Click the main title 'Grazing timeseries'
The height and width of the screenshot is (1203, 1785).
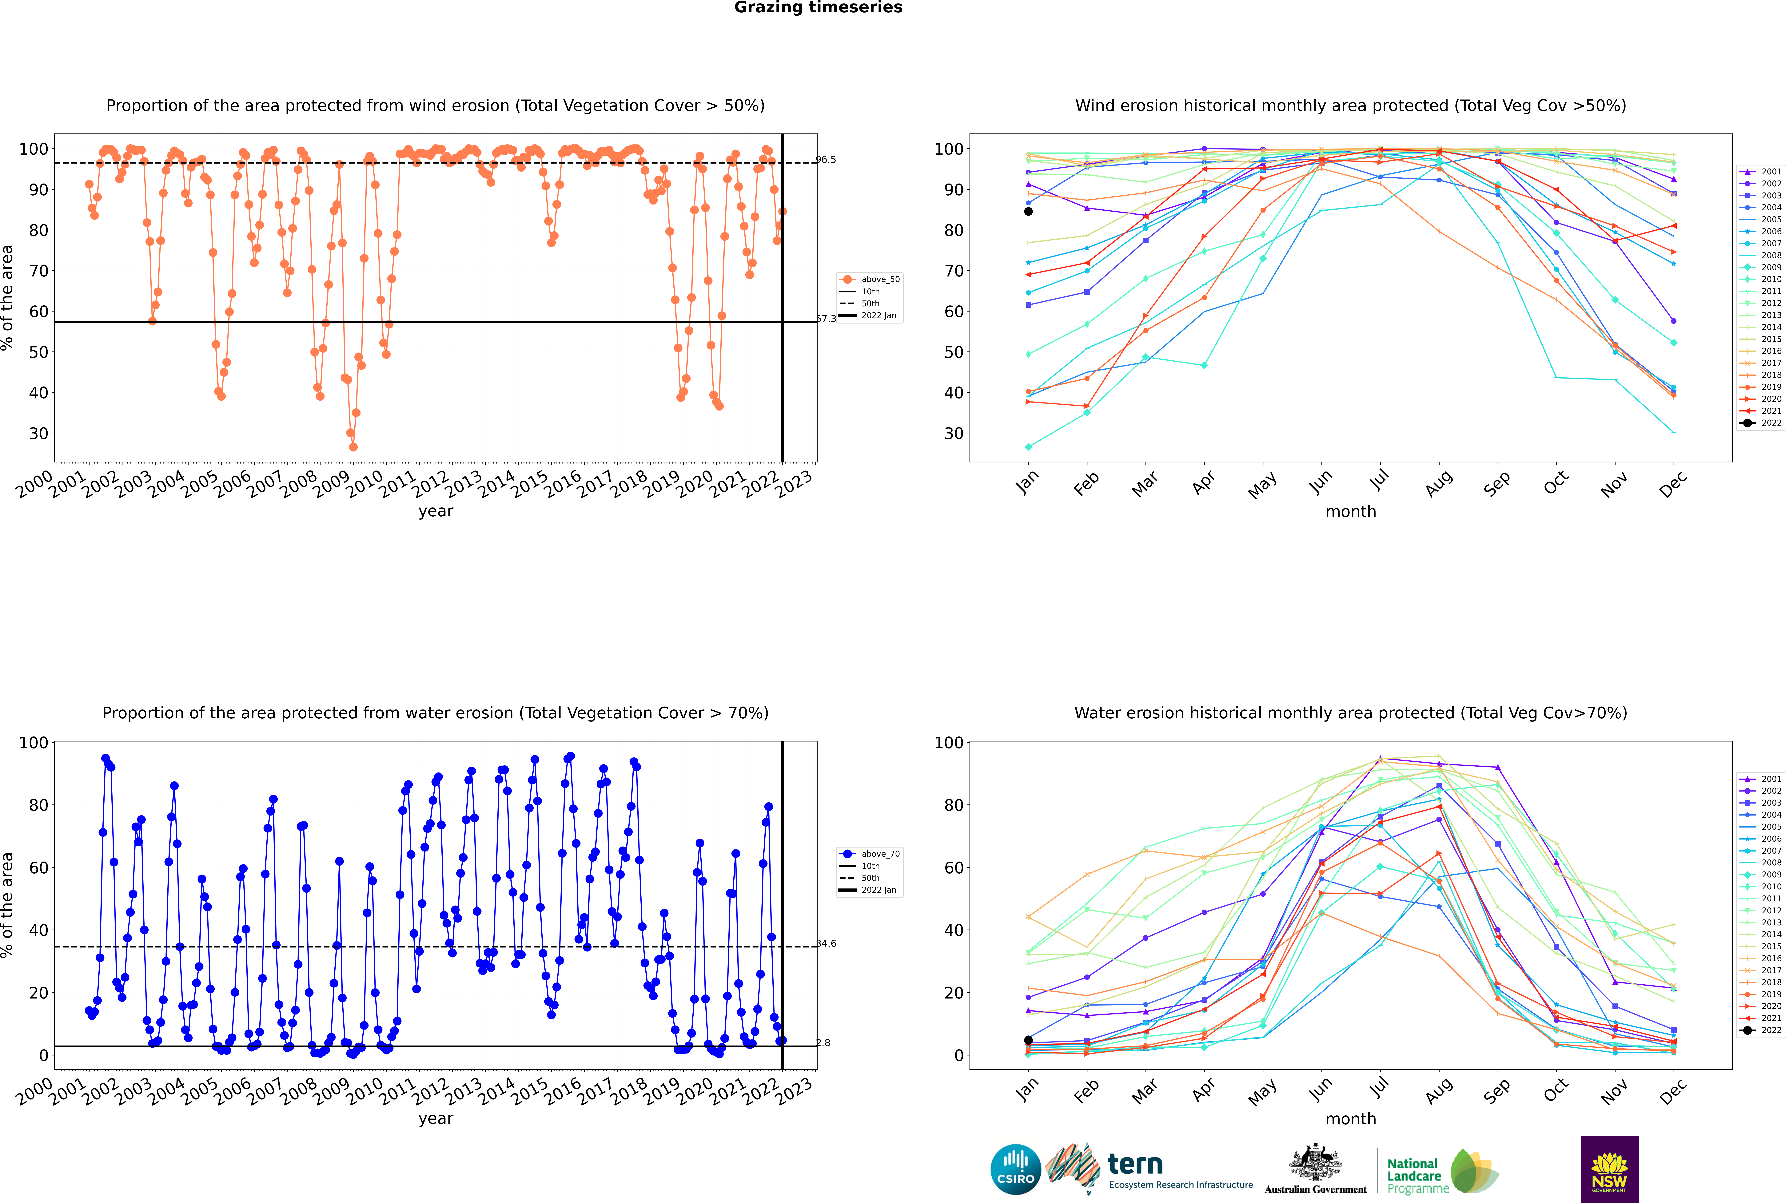pos(818,8)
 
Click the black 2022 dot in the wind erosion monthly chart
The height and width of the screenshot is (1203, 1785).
pos(1028,212)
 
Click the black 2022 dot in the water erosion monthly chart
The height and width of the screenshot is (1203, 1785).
pos(1028,1040)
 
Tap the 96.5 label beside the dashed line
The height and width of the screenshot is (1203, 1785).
pos(826,160)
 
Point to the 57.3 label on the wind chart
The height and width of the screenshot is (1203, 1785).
pos(826,318)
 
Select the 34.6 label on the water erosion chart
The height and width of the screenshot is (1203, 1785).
pos(826,944)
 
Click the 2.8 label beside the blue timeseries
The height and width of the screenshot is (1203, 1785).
pos(823,1043)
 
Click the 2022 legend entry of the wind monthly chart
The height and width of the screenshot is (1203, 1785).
pos(1761,423)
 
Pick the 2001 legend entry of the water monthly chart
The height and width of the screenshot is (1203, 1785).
pos(1761,779)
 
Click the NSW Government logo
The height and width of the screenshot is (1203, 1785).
pos(1609,1169)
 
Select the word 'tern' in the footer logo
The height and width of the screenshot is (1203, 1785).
pos(1135,1165)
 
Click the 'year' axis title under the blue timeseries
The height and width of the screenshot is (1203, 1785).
pos(436,1119)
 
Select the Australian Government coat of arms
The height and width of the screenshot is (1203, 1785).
pos(1315,1163)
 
